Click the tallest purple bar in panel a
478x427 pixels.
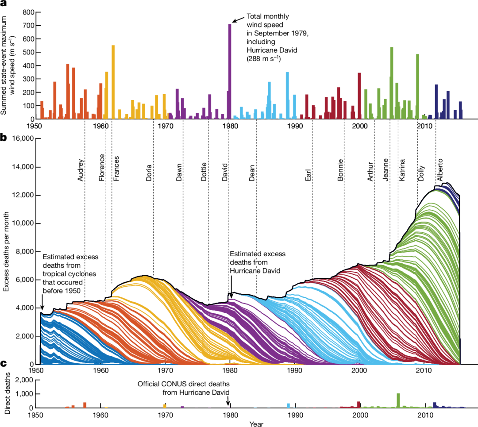pyautogui.click(x=230, y=71)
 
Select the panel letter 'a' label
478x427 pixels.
pyautogui.click(x=4, y=4)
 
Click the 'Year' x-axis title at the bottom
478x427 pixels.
pyautogui.click(x=256, y=423)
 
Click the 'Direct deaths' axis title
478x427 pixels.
pyautogui.click(x=8, y=394)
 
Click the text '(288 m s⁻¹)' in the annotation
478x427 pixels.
pyautogui.click(x=265, y=58)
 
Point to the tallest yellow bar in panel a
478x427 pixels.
pyautogui.click(x=113, y=82)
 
